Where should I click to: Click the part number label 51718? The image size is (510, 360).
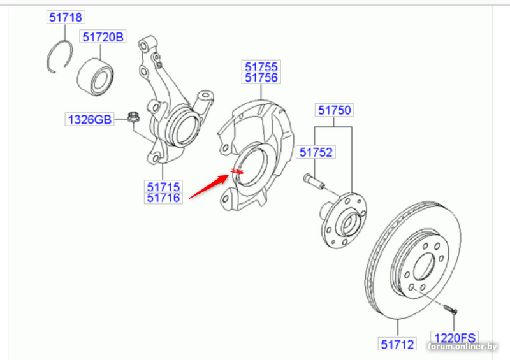66,17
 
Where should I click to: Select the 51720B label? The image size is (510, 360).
103,37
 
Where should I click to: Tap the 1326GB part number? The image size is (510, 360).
89,119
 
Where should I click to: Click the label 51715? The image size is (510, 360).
163,186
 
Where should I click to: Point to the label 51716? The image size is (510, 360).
163,198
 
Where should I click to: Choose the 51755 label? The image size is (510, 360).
261,66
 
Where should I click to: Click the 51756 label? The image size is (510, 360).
261,78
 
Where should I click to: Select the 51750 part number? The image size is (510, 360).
334,110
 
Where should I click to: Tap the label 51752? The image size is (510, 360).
316,152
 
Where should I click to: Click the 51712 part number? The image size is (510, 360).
397,344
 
